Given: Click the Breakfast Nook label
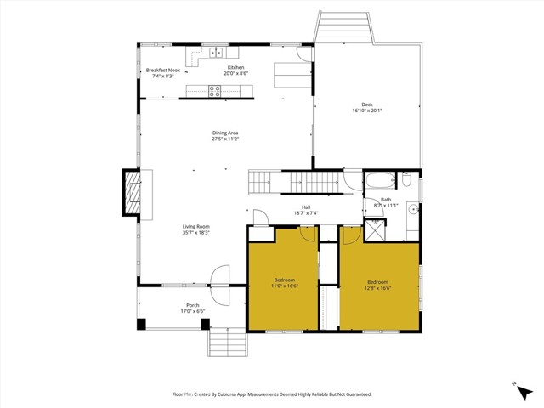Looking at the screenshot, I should pyautogui.click(x=162, y=71).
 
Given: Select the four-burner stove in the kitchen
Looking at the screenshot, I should pyautogui.click(x=215, y=92).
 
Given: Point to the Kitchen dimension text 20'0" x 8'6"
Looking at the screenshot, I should pyautogui.click(x=235, y=74).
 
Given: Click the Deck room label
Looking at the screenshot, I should pyautogui.click(x=366, y=105).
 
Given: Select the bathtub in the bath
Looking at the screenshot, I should pyautogui.click(x=380, y=180).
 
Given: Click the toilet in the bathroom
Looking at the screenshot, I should pyautogui.click(x=407, y=179).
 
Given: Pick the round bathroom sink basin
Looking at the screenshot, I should pyautogui.click(x=412, y=207).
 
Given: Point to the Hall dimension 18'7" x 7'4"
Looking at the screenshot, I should pyautogui.click(x=306, y=213).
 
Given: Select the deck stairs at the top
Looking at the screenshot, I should pyautogui.click(x=343, y=26).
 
